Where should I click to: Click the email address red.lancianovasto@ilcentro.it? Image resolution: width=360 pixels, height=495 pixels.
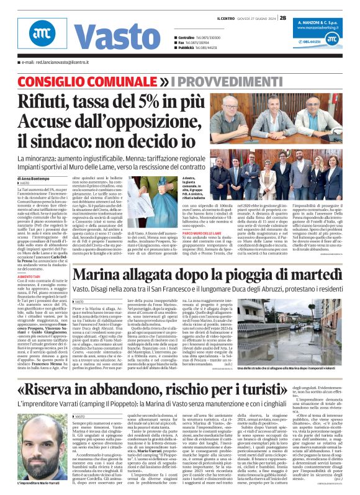pos(60,63)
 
